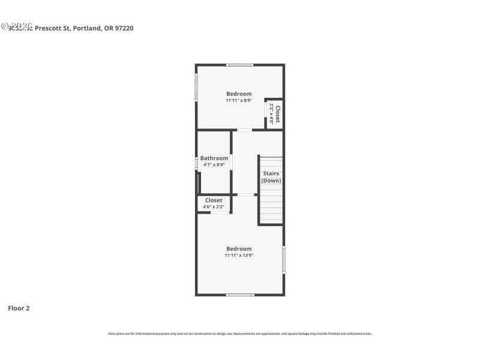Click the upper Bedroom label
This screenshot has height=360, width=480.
click(239, 94)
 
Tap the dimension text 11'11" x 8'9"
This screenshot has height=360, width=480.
click(239, 101)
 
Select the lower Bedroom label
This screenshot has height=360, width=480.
click(239, 248)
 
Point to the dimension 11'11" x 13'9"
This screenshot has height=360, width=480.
click(239, 256)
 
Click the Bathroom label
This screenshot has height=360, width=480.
click(214, 158)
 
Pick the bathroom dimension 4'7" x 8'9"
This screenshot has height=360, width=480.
click(214, 165)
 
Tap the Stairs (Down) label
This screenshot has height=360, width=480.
click(271, 177)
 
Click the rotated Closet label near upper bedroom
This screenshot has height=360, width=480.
click(278, 114)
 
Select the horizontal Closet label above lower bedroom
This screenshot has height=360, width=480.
click(214, 200)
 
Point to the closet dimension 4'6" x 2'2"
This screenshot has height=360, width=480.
click(214, 207)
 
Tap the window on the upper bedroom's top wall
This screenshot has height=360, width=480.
click(239, 65)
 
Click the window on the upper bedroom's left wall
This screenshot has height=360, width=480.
click(196, 88)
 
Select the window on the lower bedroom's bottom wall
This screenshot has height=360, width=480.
click(240, 295)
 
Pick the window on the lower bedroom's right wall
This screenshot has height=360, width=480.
click(284, 260)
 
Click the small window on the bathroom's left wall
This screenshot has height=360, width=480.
click(196, 163)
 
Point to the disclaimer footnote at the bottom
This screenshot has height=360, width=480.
click(240, 334)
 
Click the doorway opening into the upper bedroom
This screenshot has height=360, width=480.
click(244, 130)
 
